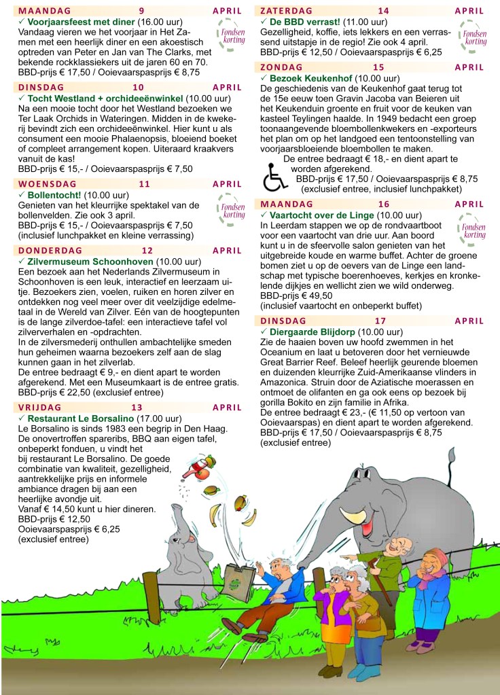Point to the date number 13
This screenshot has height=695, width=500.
click(x=137, y=408)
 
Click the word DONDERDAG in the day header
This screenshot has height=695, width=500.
click(x=50, y=251)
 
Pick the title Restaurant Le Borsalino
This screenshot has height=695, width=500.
click(x=86, y=418)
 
